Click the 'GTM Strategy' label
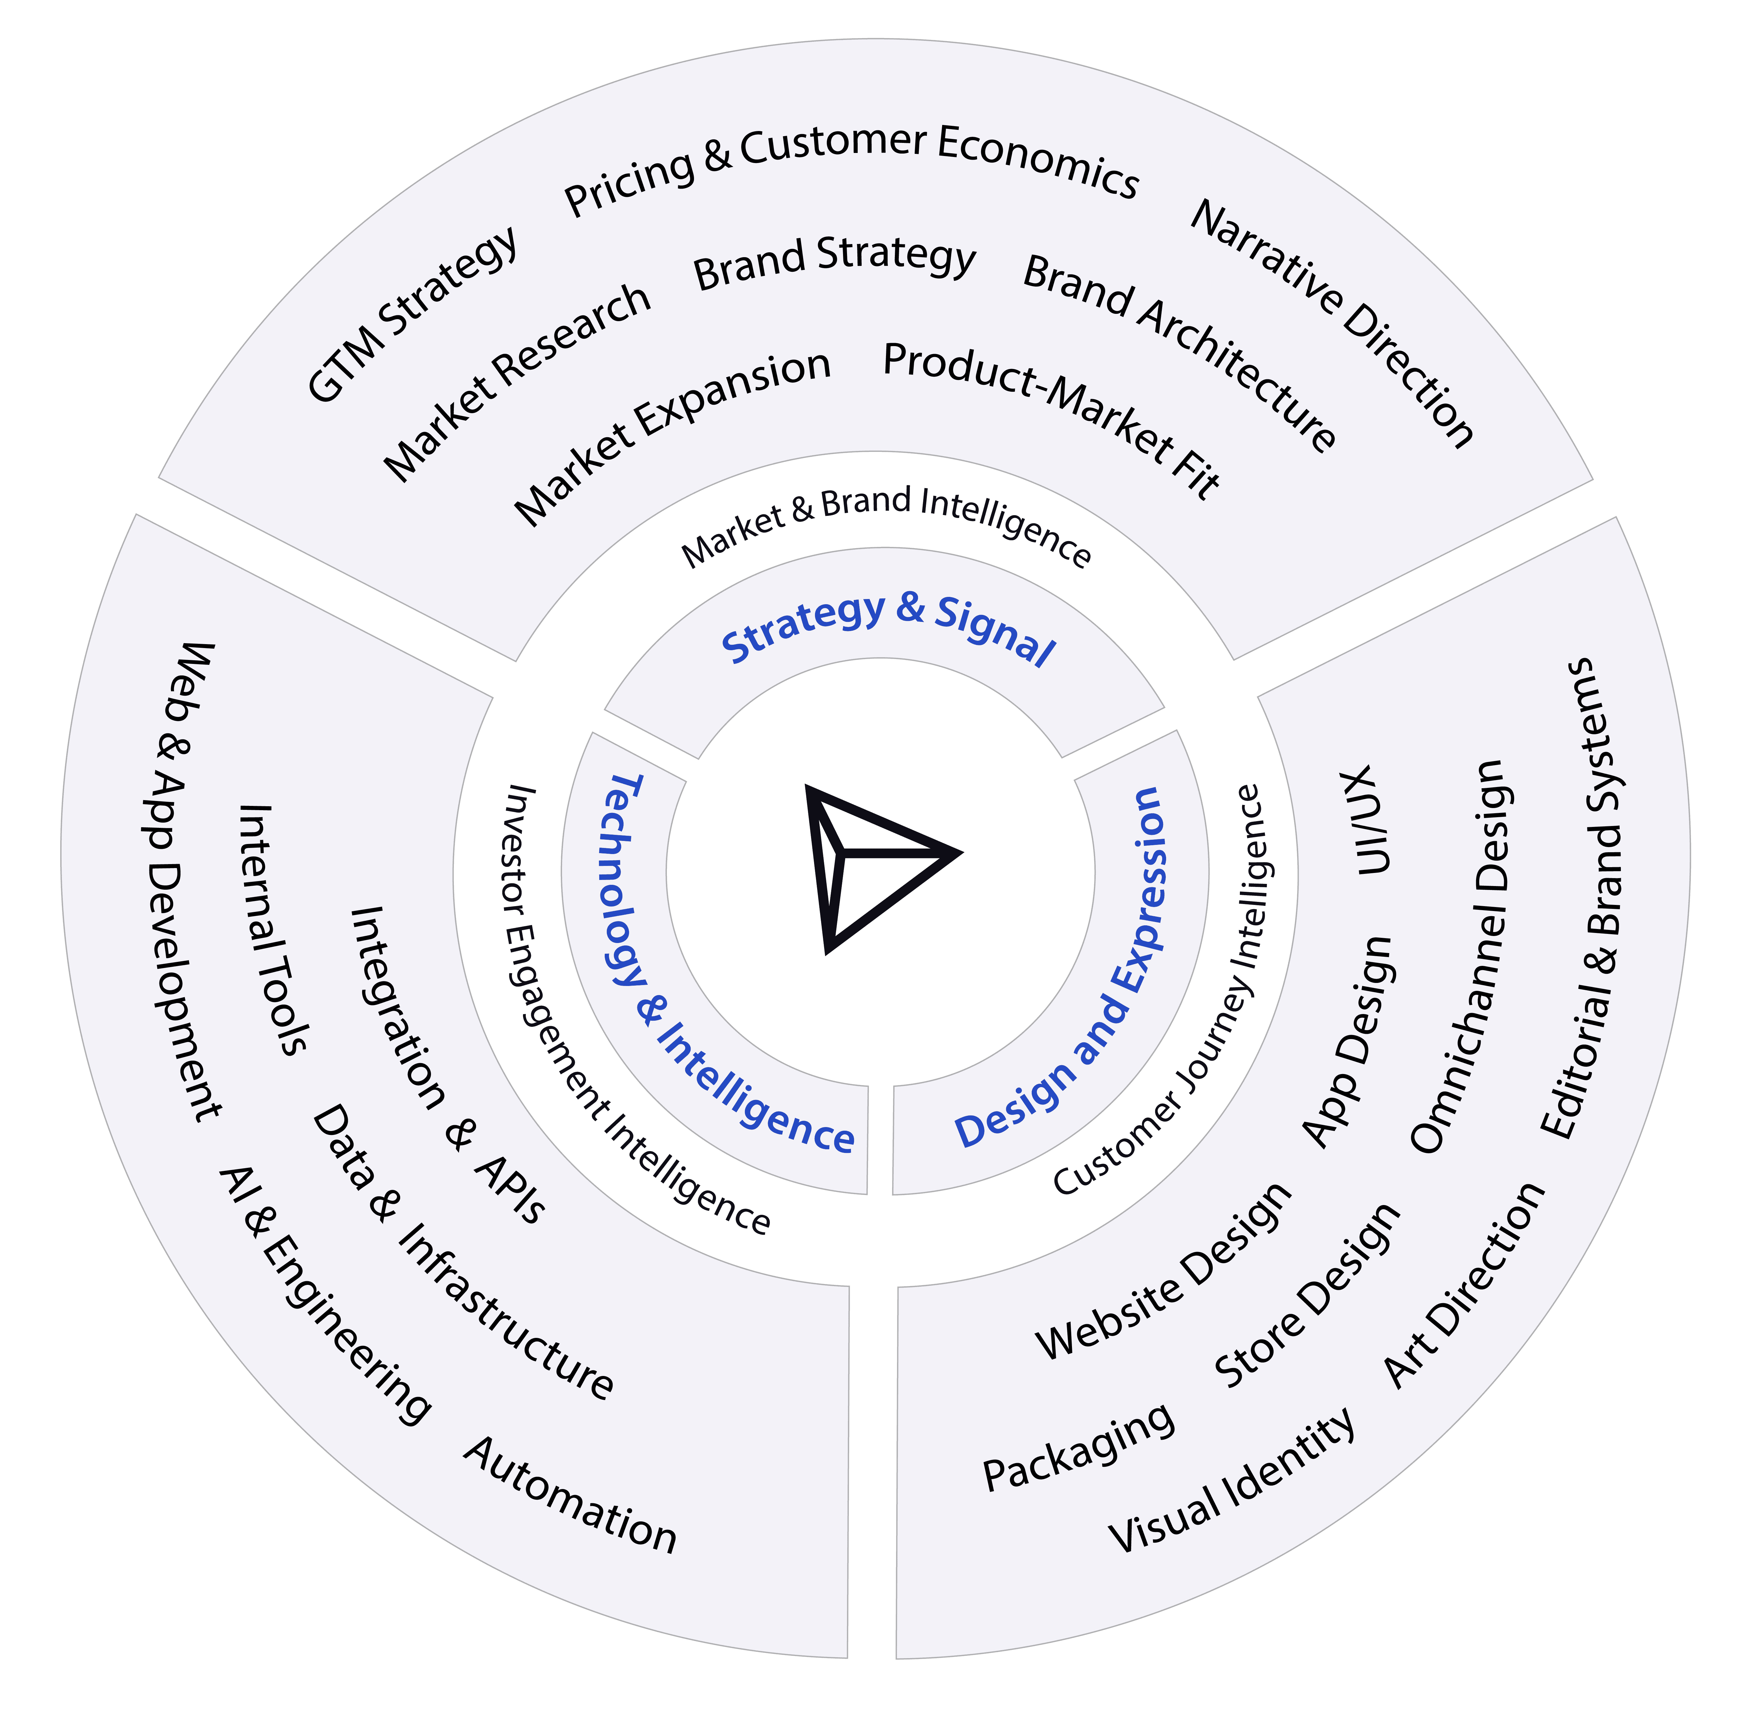(x=413, y=314)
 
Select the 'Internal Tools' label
(x=274, y=929)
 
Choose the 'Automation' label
(x=570, y=1494)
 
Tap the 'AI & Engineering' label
(x=323, y=1292)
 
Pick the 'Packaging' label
(x=1078, y=1445)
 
